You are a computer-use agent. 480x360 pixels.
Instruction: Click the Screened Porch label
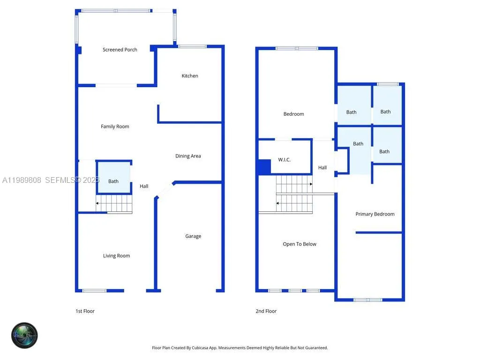pos(120,50)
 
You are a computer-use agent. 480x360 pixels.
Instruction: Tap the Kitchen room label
pos(190,76)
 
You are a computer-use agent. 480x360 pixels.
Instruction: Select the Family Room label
pos(115,127)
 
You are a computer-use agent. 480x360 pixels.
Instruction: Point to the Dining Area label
pos(188,156)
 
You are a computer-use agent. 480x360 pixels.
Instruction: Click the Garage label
pos(193,236)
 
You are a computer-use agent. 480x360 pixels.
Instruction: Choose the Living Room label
pos(116,256)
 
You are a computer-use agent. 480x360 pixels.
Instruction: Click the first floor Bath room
pos(113,181)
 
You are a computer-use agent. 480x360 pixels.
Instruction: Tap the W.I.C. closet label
pos(284,160)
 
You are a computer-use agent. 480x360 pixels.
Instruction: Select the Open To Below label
pos(300,244)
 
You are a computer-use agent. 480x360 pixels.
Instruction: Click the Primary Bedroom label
pos(375,214)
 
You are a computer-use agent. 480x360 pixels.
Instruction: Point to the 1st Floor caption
pos(85,311)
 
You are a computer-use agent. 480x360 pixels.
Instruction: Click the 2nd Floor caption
pos(266,311)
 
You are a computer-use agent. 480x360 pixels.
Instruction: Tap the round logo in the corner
pos(24,335)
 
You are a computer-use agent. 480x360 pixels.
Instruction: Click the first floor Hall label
pos(144,187)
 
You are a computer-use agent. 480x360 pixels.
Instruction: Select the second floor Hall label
pos(322,168)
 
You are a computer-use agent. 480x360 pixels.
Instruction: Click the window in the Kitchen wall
pos(192,46)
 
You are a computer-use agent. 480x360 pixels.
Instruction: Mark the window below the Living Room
pos(95,291)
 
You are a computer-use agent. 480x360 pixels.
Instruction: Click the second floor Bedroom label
pos(293,114)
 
